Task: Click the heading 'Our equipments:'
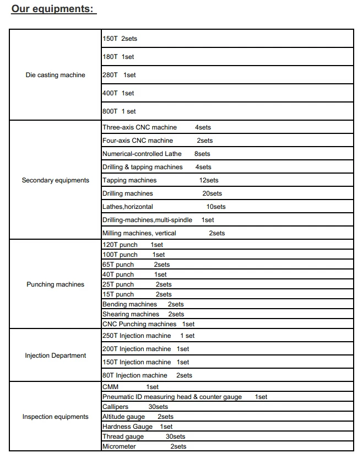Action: click(53, 9)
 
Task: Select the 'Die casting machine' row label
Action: click(56, 75)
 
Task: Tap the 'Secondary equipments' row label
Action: click(56, 180)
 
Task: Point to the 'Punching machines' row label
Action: click(56, 284)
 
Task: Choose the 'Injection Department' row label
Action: click(56, 355)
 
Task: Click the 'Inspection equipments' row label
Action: click(56, 417)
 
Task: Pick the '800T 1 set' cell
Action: click(119, 111)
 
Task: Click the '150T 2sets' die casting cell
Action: click(120, 39)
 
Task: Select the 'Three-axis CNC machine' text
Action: click(140, 127)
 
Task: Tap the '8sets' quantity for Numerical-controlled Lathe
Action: click(202, 154)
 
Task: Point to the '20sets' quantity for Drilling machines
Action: click(212, 193)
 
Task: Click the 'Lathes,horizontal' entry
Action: click(128, 207)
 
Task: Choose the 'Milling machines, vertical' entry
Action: click(139, 233)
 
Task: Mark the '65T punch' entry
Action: click(118, 265)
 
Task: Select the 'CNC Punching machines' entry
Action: click(139, 324)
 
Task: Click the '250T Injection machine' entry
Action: click(137, 336)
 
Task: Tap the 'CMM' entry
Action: click(111, 387)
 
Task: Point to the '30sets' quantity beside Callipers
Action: click(158, 407)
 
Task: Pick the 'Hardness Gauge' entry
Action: click(128, 427)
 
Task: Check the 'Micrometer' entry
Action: click(119, 446)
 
